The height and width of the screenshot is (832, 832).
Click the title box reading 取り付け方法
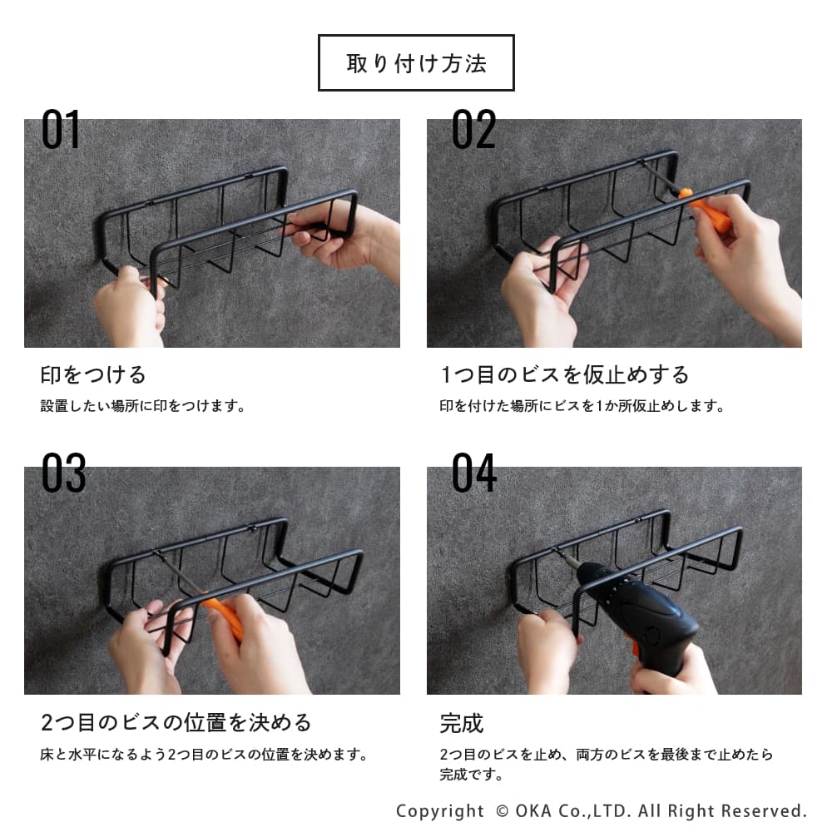click(416, 62)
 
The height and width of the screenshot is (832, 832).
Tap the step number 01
click(61, 130)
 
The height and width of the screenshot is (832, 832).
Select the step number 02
click(473, 130)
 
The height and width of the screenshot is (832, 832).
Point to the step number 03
click(63, 473)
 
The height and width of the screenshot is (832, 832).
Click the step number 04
click(474, 473)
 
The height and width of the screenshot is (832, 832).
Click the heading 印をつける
click(93, 374)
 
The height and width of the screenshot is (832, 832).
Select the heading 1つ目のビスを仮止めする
click(565, 374)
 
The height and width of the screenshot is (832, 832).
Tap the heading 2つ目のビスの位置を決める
click(176, 722)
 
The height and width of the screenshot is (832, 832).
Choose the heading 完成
click(462, 723)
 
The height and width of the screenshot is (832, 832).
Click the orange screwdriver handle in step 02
click(705, 209)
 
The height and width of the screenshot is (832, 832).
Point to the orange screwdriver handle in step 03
click(224, 617)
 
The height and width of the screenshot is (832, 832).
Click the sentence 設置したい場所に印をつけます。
click(143, 406)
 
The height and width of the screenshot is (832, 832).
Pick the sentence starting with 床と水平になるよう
click(205, 754)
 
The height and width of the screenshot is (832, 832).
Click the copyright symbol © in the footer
click(502, 810)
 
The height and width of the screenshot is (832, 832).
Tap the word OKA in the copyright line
click(533, 810)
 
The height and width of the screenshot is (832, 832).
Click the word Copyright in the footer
click(440, 812)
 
